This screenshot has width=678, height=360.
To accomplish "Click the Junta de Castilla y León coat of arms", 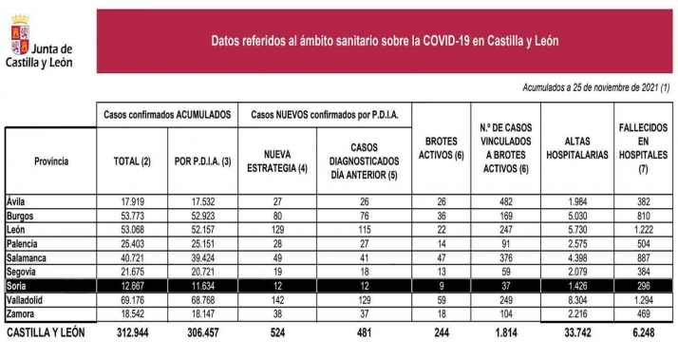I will click(x=17, y=41).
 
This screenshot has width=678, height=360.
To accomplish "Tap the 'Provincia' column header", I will click(x=51, y=161).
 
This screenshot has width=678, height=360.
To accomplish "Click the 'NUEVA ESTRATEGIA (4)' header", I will click(x=277, y=161).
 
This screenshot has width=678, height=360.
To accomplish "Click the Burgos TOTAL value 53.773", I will click(x=132, y=217).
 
